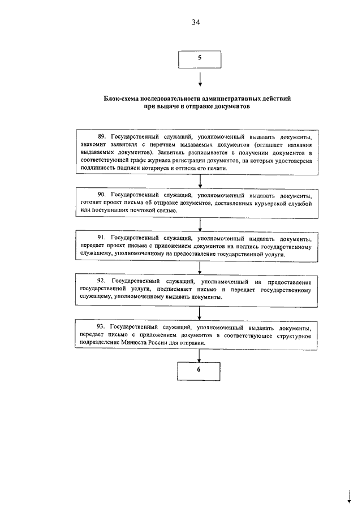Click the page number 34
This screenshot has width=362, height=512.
(x=196, y=22)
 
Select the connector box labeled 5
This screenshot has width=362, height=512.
(x=199, y=58)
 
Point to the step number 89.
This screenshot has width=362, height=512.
(x=102, y=137)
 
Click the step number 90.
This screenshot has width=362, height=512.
(x=102, y=194)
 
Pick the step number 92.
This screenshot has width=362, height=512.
(x=102, y=281)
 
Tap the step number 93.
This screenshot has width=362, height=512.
(x=102, y=328)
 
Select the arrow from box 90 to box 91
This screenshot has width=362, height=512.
(x=199, y=223)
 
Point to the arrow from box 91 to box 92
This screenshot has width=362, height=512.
(x=199, y=268)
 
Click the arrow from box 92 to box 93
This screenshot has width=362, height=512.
(x=199, y=313)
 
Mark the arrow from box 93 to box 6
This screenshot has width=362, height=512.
(x=199, y=354)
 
